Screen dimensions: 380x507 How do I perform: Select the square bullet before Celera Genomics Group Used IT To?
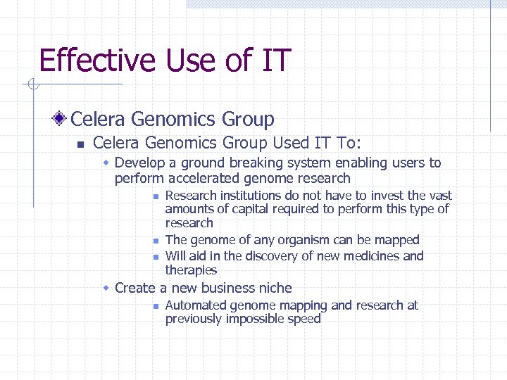point(80,144)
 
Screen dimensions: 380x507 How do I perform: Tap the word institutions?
point(258,196)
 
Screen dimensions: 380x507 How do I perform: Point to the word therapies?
point(191,270)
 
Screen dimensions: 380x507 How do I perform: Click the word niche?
point(275,288)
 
